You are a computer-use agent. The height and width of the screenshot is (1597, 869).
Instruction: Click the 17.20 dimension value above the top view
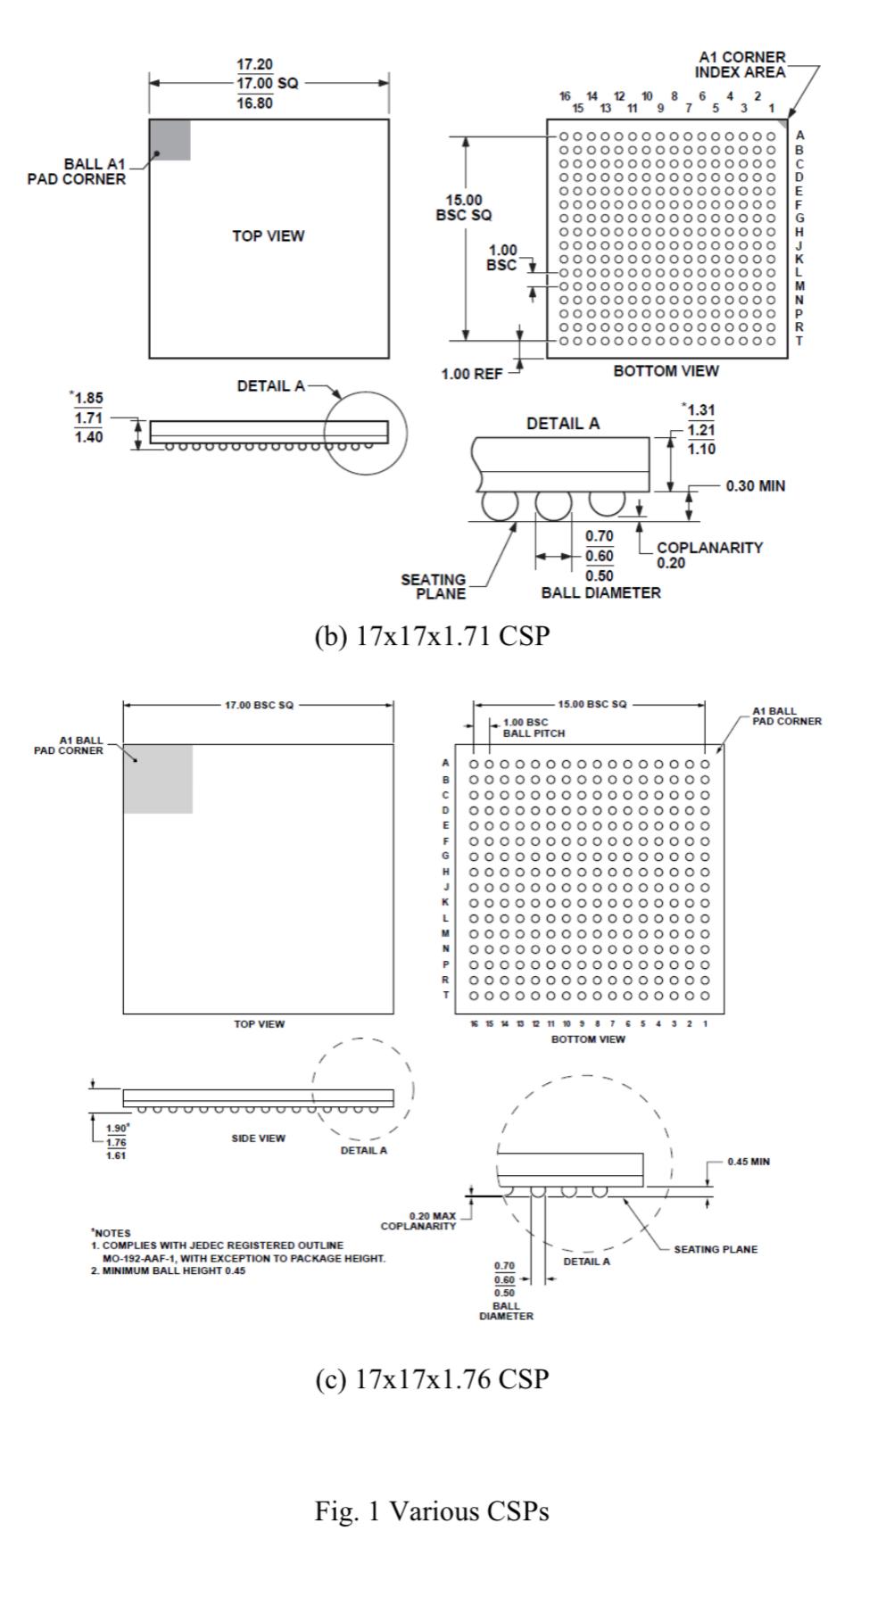click(254, 65)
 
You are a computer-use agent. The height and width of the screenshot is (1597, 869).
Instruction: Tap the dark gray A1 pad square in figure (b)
click(170, 140)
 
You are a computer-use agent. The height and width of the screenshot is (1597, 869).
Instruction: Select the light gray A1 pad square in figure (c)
click(158, 778)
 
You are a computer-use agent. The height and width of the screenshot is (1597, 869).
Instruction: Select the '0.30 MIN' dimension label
click(755, 486)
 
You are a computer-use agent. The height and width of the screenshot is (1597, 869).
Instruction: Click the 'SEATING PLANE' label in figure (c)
click(715, 1249)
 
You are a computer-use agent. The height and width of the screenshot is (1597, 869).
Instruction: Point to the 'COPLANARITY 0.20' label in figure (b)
click(708, 555)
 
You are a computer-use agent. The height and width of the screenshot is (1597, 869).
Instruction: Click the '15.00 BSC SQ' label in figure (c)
click(592, 704)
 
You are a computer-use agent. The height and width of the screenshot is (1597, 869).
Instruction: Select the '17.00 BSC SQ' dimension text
click(259, 705)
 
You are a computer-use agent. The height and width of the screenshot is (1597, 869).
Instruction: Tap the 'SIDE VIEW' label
click(259, 1138)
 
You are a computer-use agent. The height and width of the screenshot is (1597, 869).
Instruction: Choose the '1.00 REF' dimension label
click(471, 374)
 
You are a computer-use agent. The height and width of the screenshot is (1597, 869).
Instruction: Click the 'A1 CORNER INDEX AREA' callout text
click(740, 64)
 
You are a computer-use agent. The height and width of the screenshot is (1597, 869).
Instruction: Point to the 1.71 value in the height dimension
click(87, 418)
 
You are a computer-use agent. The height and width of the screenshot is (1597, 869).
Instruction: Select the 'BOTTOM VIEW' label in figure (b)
click(666, 371)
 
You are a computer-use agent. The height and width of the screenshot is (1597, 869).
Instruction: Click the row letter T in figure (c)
click(446, 995)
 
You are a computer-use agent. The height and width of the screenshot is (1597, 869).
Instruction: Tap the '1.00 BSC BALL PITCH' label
click(534, 727)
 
